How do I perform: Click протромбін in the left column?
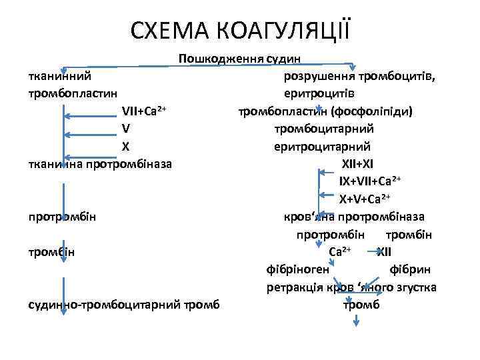62,216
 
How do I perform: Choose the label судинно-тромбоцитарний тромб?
125,305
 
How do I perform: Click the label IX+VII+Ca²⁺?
370,181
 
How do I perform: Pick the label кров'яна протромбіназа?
354,216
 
